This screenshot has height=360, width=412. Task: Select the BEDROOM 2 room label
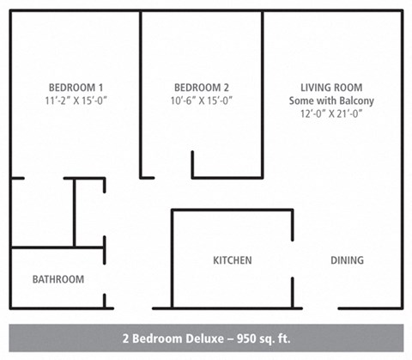[202, 87]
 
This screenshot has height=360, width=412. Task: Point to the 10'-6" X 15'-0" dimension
[202, 101]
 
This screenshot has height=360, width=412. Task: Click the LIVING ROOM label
[331, 87]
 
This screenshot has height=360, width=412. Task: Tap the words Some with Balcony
[331, 101]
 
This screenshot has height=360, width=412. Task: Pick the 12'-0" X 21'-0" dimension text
[331, 113]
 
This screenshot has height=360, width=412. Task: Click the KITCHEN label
[232, 260]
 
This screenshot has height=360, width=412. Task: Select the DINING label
[347, 260]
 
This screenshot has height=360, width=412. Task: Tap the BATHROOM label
[58, 279]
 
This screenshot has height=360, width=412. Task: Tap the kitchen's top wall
[232, 210]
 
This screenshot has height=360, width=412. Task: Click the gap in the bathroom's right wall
[105, 280]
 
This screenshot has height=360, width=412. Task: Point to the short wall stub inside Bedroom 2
[192, 164]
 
